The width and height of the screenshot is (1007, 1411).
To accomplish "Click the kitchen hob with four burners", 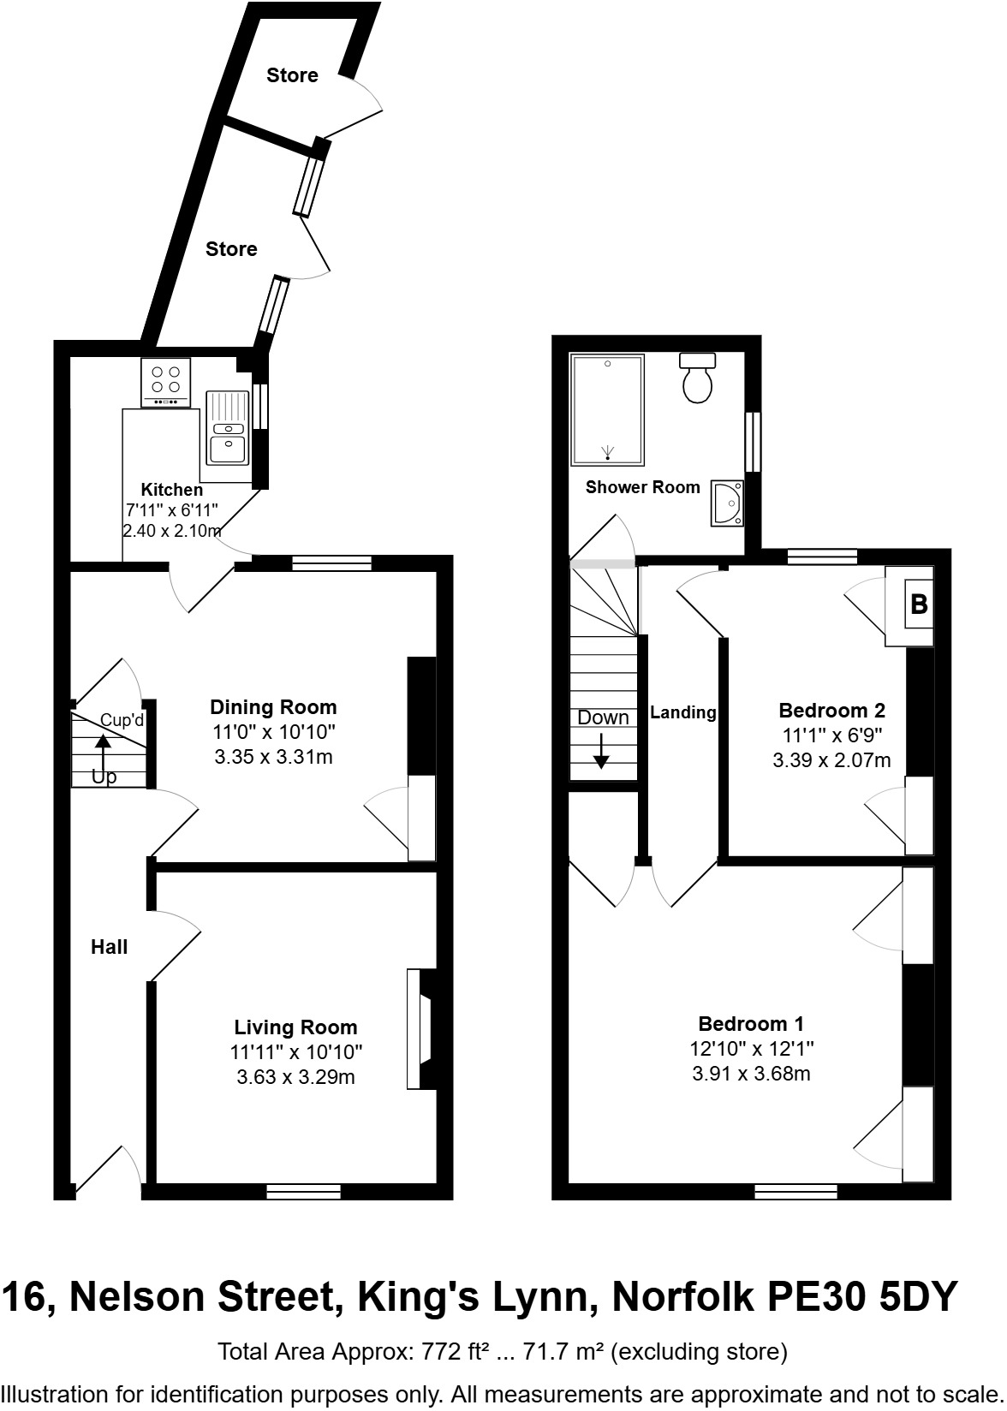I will (165, 383).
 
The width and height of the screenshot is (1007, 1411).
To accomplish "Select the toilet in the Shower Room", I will (698, 379).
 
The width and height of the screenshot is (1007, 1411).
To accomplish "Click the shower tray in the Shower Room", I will (607, 409).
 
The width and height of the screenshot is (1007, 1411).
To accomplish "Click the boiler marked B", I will (918, 604).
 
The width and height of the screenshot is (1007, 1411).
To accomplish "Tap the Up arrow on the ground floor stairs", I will (103, 753).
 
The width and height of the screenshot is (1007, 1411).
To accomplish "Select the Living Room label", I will (295, 1027).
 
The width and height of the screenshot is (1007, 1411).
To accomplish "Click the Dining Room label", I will (273, 707).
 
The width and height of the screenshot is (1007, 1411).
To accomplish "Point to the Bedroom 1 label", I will (750, 1023).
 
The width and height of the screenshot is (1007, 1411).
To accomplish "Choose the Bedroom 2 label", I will (831, 710).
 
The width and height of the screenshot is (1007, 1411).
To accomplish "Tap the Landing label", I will (682, 712).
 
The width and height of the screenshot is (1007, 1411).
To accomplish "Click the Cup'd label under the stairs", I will (122, 720).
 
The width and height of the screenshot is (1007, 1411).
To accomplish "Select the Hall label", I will (110, 947).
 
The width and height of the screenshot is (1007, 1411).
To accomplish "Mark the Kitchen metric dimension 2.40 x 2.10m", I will (172, 531).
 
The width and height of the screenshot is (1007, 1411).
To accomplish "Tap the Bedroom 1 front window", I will (795, 1191).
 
